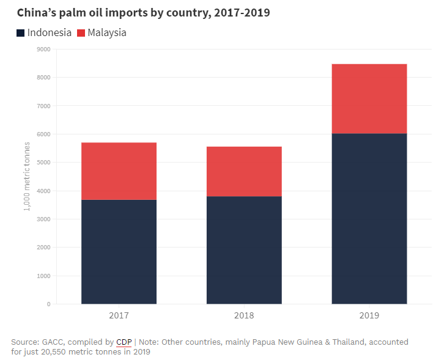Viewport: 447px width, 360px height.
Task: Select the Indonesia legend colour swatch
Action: [21, 32]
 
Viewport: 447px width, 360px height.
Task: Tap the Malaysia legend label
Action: [107, 32]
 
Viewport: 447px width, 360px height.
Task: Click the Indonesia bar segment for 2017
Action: [119, 251]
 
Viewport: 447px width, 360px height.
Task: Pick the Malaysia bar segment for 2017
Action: [119, 171]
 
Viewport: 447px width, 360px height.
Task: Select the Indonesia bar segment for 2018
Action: [244, 249]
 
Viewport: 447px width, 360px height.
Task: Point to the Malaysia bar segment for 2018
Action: [244, 171]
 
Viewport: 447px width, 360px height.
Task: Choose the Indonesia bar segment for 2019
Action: [369, 218]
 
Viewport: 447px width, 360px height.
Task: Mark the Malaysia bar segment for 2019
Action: [369, 98]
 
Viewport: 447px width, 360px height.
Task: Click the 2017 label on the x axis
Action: [119, 316]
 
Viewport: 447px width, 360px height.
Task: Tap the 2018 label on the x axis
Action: [244, 316]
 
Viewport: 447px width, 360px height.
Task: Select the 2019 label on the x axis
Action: [369, 316]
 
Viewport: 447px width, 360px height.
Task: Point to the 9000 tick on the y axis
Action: [43, 50]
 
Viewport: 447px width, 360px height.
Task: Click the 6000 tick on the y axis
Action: [43, 134]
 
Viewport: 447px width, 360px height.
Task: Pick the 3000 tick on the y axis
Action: [43, 219]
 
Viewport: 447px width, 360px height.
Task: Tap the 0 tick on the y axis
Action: [48, 304]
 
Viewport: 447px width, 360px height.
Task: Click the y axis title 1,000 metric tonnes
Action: [27, 176]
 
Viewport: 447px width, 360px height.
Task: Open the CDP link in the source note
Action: [124, 342]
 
